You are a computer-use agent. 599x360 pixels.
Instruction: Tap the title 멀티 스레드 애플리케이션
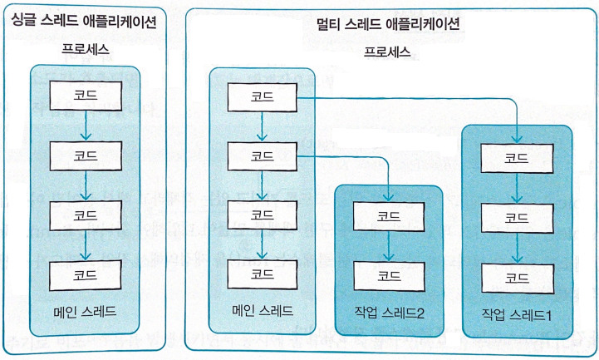click(388, 24)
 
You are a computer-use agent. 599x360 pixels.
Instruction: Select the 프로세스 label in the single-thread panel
click(86, 50)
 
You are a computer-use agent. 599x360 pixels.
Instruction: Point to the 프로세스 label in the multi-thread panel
click(388, 52)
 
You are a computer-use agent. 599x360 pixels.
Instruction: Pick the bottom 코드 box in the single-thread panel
click(86, 274)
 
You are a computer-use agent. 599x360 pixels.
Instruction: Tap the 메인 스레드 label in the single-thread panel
click(86, 313)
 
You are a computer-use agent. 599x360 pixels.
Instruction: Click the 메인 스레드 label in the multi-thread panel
click(263, 312)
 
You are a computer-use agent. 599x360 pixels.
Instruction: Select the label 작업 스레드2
click(388, 313)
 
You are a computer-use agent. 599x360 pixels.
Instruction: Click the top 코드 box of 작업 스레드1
click(517, 157)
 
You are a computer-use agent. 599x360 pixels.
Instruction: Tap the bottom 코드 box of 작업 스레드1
click(517, 278)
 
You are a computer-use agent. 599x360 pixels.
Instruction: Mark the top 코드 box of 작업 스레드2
click(388, 215)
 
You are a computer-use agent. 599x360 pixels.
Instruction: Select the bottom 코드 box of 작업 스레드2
click(388, 273)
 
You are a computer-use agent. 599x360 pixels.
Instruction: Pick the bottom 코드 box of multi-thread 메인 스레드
click(263, 273)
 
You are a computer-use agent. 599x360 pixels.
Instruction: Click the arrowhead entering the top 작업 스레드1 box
click(517, 139)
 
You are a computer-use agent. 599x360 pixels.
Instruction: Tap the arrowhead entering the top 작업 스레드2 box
click(388, 197)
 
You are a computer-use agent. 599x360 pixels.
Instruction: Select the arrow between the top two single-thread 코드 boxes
click(86, 125)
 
